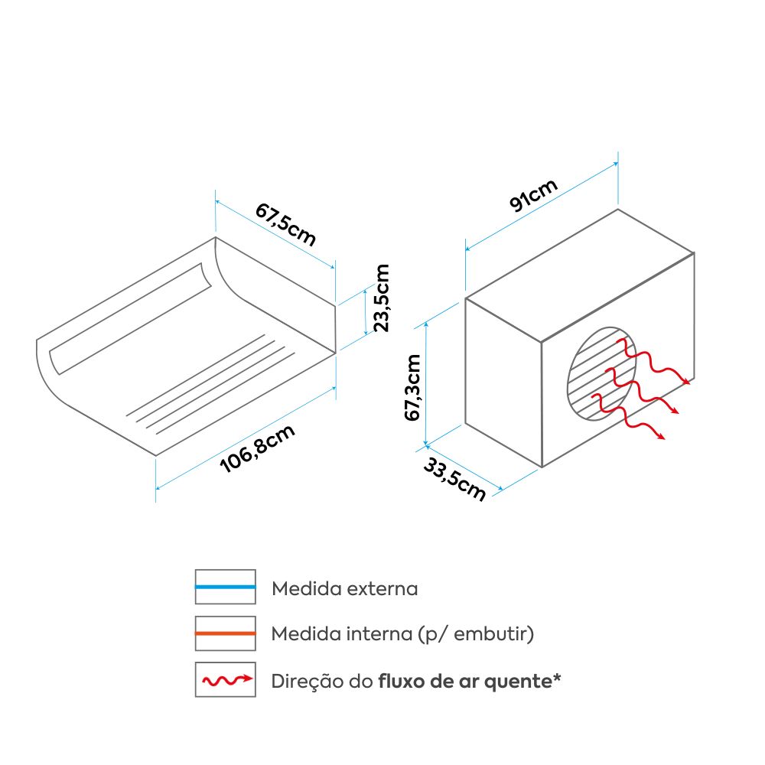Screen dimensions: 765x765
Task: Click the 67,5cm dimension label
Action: pos(286,224)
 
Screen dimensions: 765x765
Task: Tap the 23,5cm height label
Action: pos(382,298)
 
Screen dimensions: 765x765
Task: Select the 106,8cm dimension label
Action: pos(258,449)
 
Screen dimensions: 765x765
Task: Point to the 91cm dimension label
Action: pos(533,195)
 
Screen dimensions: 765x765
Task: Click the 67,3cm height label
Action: pos(412,387)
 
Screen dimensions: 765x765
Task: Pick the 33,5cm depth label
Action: pos(454,480)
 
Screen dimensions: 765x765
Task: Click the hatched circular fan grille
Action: pos(602,374)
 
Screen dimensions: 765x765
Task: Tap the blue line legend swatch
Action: pos(226,587)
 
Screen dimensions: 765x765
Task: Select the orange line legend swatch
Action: pos(226,633)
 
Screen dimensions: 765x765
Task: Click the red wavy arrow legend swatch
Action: pos(226,679)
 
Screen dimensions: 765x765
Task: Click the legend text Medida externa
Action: pos(345,589)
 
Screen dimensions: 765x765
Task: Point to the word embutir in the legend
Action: pos(491,634)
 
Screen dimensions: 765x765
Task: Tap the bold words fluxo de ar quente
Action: pos(465,682)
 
